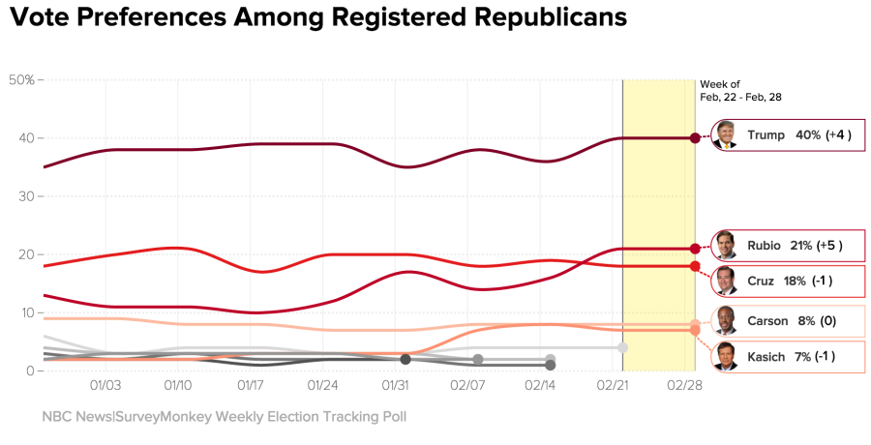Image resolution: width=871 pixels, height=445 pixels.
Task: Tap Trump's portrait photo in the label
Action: (725, 135)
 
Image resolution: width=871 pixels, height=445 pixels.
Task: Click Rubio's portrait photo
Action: (725, 246)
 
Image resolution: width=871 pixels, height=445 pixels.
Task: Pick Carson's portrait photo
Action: (725, 320)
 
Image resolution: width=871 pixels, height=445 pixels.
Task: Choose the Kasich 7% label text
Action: (791, 357)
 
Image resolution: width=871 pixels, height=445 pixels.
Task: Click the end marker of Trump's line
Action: (695, 138)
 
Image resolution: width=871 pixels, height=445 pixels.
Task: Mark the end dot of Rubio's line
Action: (695, 249)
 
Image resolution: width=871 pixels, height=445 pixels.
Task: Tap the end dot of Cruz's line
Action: (695, 266)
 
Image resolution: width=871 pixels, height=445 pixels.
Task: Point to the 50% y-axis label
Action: (21, 79)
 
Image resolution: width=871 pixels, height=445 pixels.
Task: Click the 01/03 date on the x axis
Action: (105, 386)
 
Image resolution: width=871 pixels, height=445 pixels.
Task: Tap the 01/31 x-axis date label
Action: (396, 386)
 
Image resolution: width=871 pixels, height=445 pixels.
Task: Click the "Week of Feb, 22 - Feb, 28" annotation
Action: (740, 91)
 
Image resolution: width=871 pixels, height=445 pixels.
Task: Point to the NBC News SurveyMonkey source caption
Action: (224, 417)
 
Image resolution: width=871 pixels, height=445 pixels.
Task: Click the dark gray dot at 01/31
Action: (405, 359)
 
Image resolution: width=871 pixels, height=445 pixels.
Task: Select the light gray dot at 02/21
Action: (622, 347)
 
